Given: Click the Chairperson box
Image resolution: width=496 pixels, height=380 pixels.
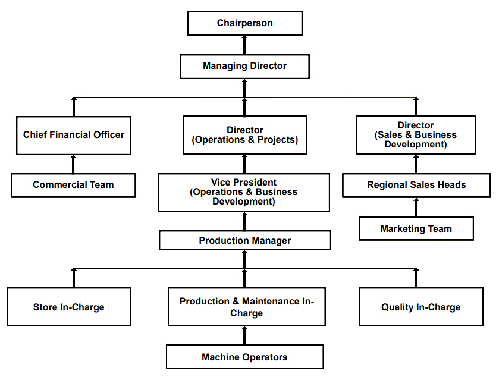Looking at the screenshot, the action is [x=245, y=23].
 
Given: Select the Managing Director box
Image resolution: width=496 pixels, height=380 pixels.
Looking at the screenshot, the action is [x=245, y=67].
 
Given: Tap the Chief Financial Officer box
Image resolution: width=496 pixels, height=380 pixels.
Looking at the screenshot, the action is [x=74, y=136].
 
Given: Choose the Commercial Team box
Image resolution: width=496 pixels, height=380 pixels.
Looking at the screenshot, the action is [x=74, y=186].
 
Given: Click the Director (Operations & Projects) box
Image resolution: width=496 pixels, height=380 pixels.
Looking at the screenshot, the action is [x=245, y=135].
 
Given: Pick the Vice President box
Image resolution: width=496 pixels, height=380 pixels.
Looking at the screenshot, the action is [x=244, y=192].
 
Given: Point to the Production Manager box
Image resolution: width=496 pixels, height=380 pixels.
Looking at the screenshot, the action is [x=245, y=240].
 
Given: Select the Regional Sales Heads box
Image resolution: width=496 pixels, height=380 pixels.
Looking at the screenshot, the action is [x=416, y=186].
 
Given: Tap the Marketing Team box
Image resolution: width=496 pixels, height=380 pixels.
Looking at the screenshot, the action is [x=416, y=228].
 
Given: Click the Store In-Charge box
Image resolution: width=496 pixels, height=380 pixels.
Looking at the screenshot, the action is [x=69, y=307].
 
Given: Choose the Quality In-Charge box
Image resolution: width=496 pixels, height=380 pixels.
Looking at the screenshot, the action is [x=421, y=307].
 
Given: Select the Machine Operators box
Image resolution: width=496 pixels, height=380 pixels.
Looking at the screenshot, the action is [x=245, y=357].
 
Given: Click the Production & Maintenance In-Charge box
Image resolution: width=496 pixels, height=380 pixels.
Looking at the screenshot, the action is [x=247, y=307].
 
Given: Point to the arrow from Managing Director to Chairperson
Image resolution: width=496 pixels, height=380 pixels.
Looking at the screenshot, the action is [x=244, y=45].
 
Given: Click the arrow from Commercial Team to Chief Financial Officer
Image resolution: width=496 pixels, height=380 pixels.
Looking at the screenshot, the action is [x=73, y=164].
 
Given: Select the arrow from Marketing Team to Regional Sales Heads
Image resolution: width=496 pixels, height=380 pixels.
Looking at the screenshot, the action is [x=416, y=207].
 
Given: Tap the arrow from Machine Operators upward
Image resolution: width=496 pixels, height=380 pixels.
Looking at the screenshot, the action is [x=244, y=336].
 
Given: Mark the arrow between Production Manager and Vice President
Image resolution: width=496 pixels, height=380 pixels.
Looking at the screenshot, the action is [x=244, y=221].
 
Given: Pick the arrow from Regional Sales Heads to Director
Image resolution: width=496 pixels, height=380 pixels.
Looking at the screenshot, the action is [x=416, y=164].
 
